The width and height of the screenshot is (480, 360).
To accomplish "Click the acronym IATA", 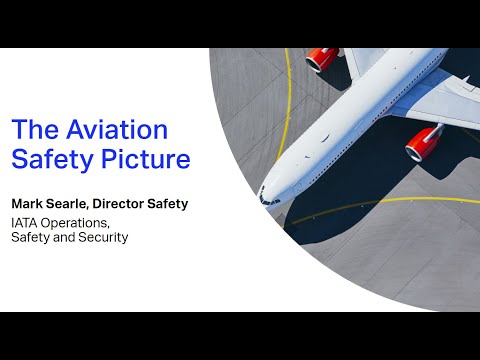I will tap(27, 222).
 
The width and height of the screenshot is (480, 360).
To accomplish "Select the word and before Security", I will tap(66, 238).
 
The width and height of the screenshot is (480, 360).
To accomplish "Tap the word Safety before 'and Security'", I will tap(31, 238).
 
